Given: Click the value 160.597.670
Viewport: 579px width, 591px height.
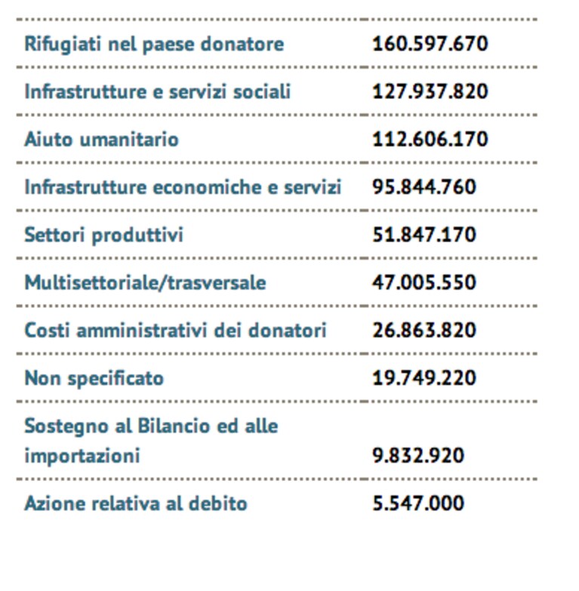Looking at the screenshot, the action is click(x=430, y=44).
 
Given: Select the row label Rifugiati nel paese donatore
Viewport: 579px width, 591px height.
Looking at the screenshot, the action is click(x=154, y=45).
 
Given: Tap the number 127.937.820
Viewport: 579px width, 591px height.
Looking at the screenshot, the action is click(x=430, y=91).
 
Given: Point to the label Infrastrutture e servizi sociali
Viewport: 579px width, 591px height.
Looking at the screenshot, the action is click(x=158, y=91).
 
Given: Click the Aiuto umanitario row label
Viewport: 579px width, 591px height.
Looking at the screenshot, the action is click(x=101, y=140).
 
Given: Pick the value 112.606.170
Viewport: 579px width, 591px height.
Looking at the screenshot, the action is click(x=430, y=139).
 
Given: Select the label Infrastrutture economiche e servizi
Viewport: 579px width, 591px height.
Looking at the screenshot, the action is click(x=183, y=187).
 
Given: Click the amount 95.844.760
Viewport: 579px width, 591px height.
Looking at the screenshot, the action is click(x=424, y=187).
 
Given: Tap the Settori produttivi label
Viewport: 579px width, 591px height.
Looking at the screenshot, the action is click(x=103, y=235).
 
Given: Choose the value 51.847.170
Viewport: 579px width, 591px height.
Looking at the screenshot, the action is click(x=424, y=235).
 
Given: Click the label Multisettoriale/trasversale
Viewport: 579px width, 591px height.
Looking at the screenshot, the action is click(x=145, y=283).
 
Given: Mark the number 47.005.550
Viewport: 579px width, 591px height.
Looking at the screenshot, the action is click(x=424, y=282).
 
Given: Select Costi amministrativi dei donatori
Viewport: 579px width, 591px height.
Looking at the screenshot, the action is click(x=175, y=331).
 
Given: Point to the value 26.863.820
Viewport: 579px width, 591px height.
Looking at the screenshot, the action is click(x=424, y=330).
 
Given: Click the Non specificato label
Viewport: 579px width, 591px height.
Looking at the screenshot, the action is click(x=94, y=379).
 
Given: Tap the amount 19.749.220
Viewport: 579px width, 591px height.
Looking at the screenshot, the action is click(x=424, y=378).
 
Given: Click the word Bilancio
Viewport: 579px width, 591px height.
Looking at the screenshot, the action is click(x=174, y=426).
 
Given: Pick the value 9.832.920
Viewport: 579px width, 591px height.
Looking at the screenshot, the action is click(x=418, y=456).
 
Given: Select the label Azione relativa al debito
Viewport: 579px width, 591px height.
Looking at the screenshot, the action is click(x=136, y=503).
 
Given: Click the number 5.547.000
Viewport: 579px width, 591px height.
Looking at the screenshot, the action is click(x=418, y=503).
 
